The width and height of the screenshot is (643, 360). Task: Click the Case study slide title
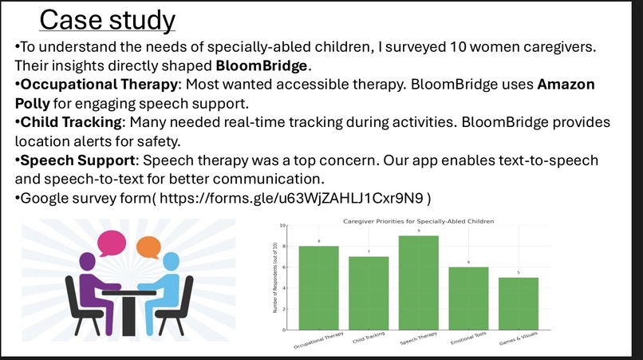coord(107,20)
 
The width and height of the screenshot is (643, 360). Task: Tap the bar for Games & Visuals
coord(519,303)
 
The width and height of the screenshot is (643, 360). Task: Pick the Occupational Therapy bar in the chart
coord(318,287)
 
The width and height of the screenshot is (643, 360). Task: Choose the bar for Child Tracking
coord(369,292)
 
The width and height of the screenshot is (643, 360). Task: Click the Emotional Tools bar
coord(469,298)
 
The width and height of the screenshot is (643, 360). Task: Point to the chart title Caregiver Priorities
coord(418,220)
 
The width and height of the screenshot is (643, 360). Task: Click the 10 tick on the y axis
coord(282,226)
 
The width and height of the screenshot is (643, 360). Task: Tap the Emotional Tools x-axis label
coord(468,339)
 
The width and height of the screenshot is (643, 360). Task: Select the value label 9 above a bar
coord(419,231)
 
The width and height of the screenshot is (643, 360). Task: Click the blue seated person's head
coord(171,263)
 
